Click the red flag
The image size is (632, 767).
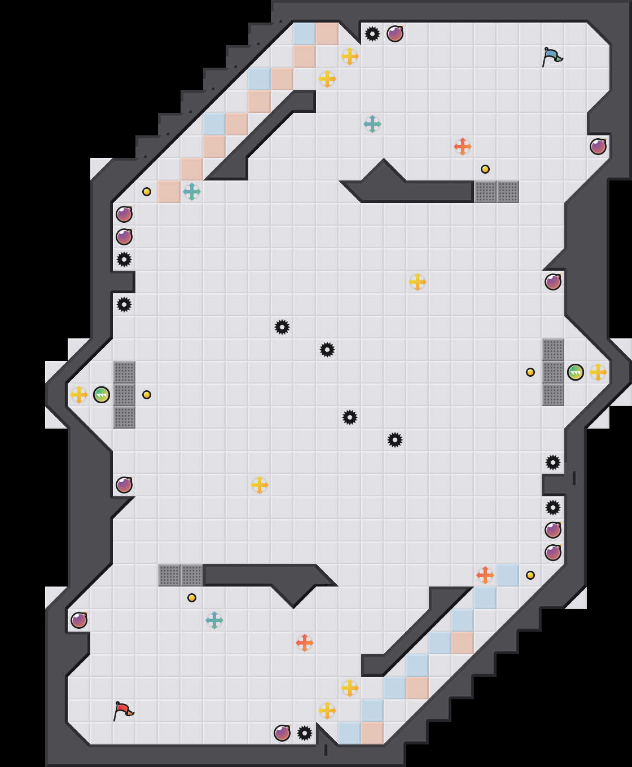pyautogui.click(x=123, y=711)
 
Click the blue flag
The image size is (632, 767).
pyautogui.click(x=552, y=56)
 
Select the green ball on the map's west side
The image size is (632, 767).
pyautogui.click(x=102, y=395)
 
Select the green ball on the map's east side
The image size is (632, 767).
pyautogui.click(x=576, y=372)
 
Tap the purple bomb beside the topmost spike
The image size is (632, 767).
pyautogui.click(x=395, y=34)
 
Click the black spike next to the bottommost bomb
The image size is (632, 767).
pyautogui.click(x=305, y=733)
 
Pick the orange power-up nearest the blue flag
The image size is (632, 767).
pyautogui.click(x=463, y=147)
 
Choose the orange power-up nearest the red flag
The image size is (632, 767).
pyautogui.click(x=305, y=643)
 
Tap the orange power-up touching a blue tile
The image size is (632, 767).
pyautogui.click(x=485, y=575)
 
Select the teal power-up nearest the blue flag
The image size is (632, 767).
pyautogui.click(x=372, y=124)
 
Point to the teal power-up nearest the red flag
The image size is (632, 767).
pyautogui.click(x=214, y=620)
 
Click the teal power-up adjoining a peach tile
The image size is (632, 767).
pyautogui.click(x=192, y=192)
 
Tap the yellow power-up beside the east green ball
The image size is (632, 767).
pyautogui.click(x=598, y=372)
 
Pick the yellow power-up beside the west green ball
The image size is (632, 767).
pyautogui.click(x=79, y=395)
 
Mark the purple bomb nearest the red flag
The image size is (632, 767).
pyautogui.click(x=79, y=620)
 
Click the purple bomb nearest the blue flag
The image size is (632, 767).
pyautogui.click(x=598, y=147)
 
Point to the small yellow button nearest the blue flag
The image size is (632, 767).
pyautogui.click(x=485, y=169)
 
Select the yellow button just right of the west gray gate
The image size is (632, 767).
pyautogui.click(x=147, y=395)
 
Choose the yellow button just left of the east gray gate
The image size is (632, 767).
pyautogui.click(x=530, y=372)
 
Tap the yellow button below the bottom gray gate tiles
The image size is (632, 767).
pyautogui.click(x=192, y=598)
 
